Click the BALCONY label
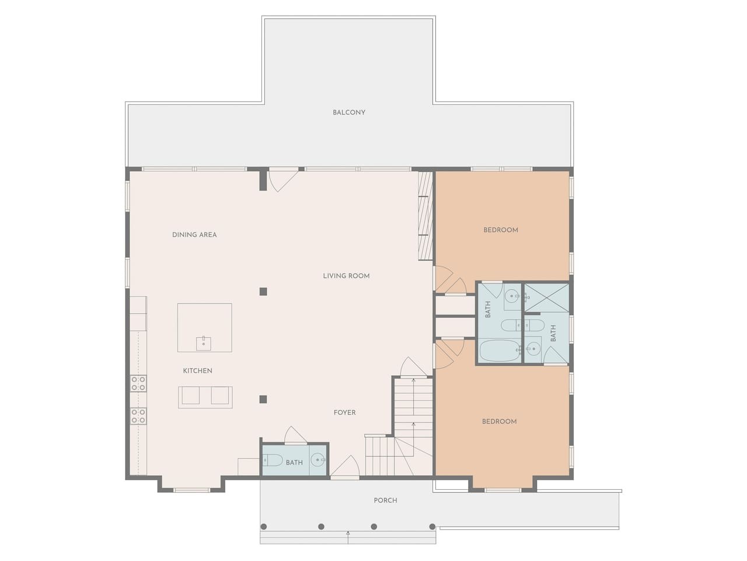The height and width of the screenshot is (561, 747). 349,112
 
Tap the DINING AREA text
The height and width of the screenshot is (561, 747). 194,235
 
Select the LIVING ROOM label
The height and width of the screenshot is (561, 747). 346,276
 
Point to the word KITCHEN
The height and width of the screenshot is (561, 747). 197,370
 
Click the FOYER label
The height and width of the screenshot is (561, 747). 344,413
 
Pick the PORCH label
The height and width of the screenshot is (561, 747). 385,500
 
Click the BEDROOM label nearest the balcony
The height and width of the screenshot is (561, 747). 501,230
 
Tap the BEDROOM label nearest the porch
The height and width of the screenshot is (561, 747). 499,421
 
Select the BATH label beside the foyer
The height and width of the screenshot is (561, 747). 294,463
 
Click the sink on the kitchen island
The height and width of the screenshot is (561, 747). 204,344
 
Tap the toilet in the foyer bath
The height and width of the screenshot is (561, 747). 273,461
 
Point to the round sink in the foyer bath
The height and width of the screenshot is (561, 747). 318,460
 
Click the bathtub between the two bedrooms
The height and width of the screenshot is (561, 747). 500,351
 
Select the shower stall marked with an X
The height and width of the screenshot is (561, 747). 546,297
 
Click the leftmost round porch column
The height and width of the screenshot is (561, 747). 263,527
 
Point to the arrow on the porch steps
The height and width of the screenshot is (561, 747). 348,536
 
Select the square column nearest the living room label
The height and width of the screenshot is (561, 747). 263,292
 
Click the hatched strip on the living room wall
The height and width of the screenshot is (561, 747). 425,216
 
